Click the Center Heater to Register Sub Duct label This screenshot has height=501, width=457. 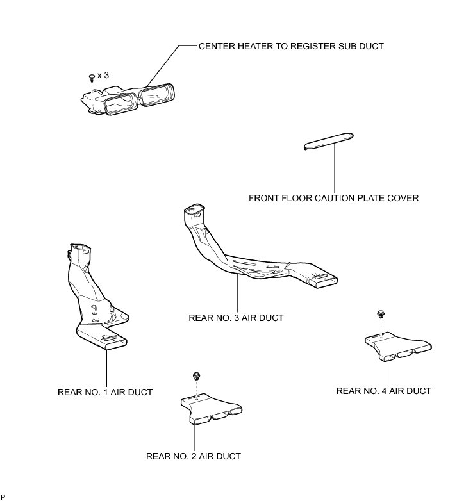click(292, 46)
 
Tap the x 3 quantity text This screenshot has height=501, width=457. click(103, 75)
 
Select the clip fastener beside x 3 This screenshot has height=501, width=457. click(92, 77)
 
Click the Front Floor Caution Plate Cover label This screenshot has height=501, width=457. click(333, 198)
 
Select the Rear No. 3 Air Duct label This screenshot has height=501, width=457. click(236, 317)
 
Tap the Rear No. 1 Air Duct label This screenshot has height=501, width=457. click(105, 391)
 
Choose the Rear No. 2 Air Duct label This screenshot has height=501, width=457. click(194, 456)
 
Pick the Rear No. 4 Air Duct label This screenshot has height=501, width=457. click(383, 391)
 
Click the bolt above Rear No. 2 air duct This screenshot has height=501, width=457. click(194, 374)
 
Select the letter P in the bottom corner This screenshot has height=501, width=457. click(3, 497)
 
